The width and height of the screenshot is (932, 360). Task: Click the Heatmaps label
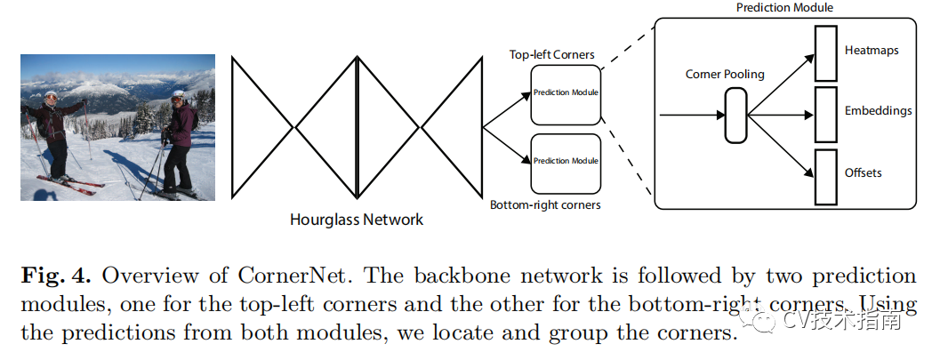coord(872,51)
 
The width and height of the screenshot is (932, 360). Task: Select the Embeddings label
coord(878,111)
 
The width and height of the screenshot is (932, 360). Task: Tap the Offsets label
coord(863,172)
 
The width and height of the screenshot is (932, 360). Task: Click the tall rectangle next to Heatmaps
coord(825,53)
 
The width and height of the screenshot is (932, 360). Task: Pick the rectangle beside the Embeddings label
coord(825,115)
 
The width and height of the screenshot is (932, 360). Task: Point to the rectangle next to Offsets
coord(825,177)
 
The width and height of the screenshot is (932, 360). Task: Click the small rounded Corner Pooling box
coord(735,116)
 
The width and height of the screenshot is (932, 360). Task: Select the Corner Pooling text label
coord(725,75)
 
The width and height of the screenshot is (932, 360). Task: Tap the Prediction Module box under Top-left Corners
coord(566,95)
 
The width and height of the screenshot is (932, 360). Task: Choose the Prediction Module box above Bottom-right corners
coord(566,164)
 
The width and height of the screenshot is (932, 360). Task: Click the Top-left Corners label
coord(551,54)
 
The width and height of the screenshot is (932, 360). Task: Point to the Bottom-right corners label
coord(545,205)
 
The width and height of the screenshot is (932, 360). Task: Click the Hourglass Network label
coord(357,220)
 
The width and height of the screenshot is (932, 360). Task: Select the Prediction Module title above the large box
coord(784,8)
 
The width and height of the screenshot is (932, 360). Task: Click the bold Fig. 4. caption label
coord(56,276)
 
